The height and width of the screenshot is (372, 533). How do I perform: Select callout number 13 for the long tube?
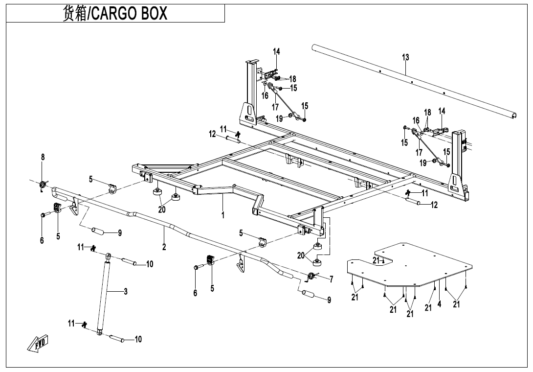pos(405,57)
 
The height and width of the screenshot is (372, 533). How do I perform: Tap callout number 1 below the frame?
pos(222,215)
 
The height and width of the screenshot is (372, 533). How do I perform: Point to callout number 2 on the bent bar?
pos(164,247)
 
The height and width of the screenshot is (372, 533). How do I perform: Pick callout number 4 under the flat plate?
pos(439,304)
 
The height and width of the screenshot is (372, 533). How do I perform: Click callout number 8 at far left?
pos(43,157)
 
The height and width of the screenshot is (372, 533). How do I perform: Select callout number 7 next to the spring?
pos(331,279)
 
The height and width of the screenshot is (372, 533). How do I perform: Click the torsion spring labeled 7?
pos(310,277)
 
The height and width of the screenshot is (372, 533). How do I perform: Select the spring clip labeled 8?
pos(43,185)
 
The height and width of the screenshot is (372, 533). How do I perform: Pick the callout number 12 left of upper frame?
pos(212,134)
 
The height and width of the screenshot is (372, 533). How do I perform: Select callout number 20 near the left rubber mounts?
pos(162,209)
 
